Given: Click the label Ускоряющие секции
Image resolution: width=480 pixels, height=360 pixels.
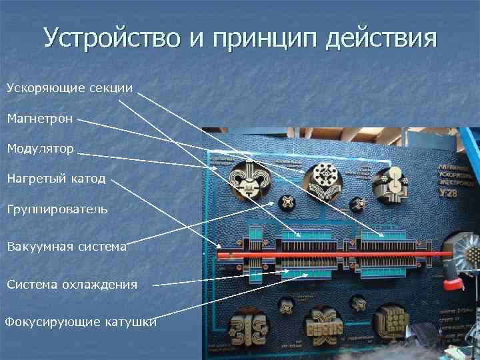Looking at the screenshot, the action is (x=70, y=88).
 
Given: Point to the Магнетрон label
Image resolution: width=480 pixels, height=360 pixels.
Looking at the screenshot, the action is (x=41, y=119).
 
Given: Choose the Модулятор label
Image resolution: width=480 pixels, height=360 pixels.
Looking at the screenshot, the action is (x=41, y=148).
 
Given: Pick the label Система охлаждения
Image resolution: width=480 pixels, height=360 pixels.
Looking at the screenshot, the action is (x=72, y=285).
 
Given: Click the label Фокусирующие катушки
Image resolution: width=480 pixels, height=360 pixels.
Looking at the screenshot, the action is (x=81, y=323).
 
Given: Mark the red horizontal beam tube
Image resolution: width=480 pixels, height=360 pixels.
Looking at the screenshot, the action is (x=333, y=254).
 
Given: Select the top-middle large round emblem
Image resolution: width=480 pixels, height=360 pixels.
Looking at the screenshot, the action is (x=323, y=179).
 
